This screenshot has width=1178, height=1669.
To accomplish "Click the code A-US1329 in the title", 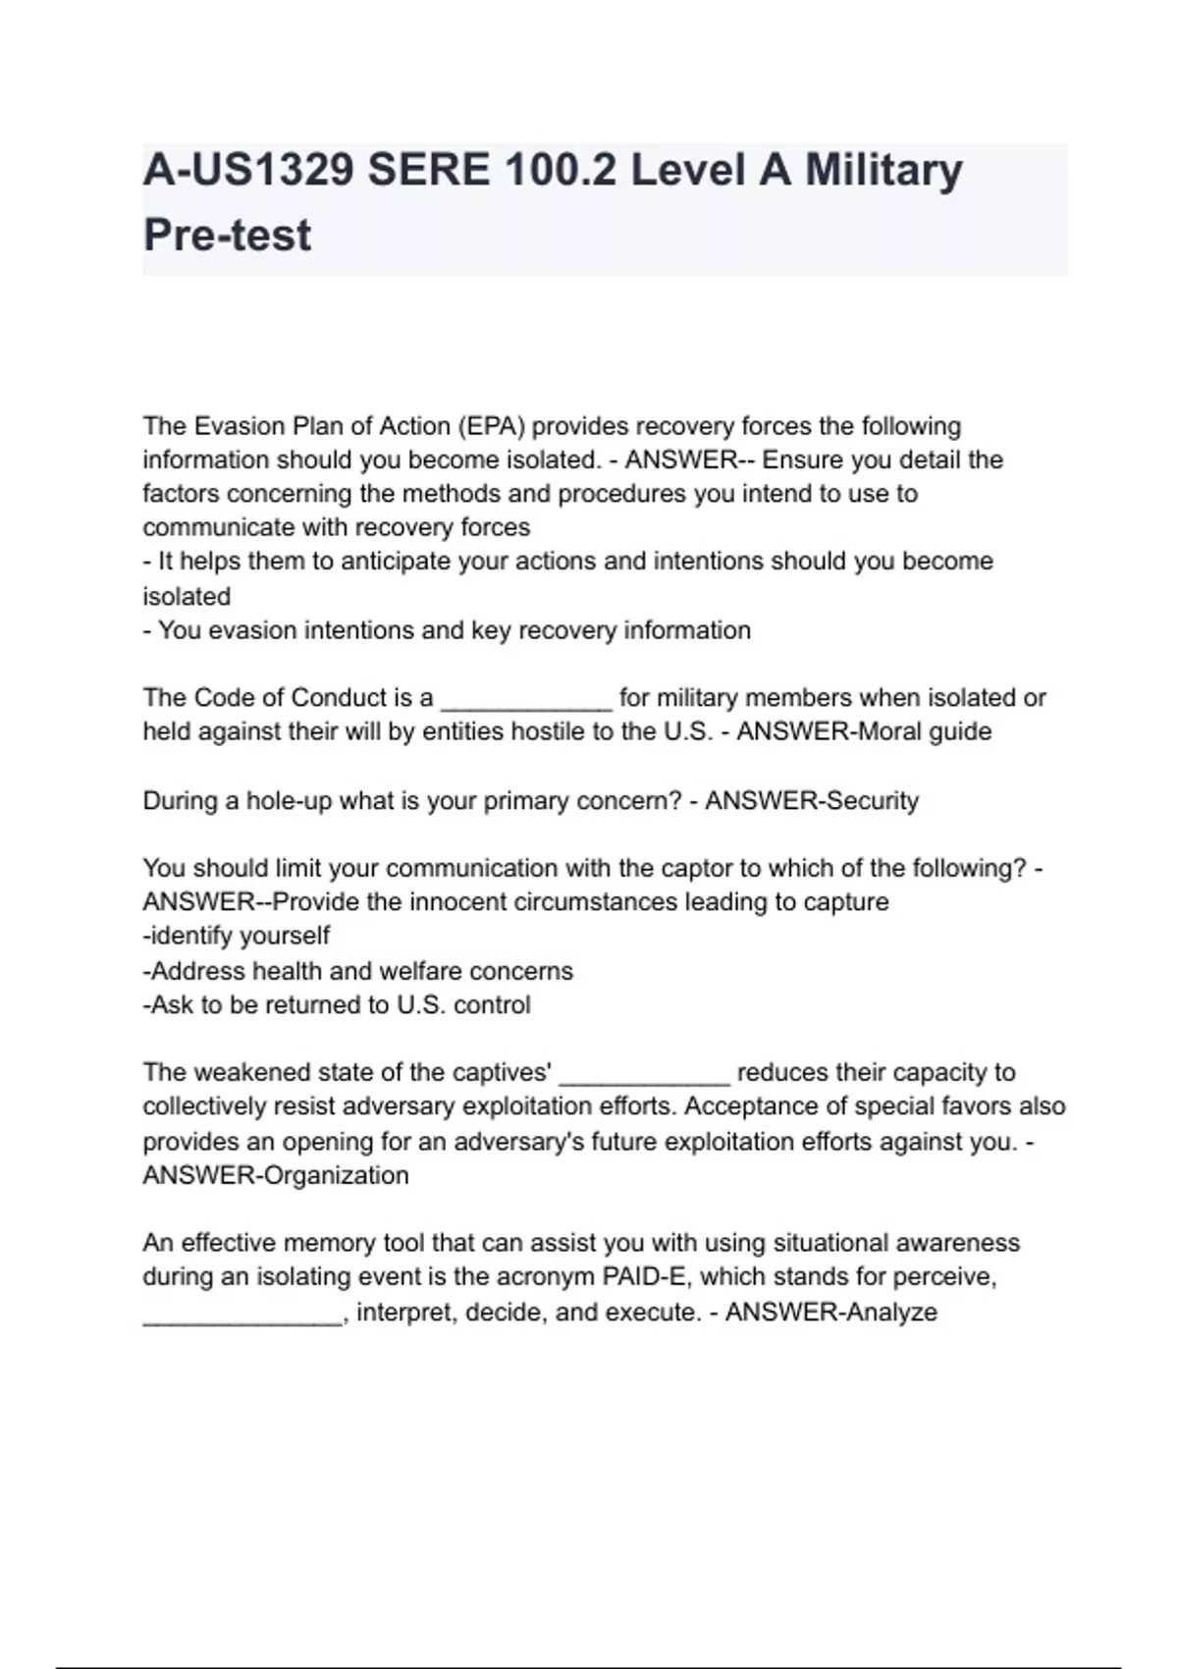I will pyautogui.click(x=248, y=170).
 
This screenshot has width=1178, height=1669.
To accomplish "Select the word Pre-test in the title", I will pyautogui.click(x=227, y=236).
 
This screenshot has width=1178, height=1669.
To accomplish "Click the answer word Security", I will pyautogui.click(x=872, y=801).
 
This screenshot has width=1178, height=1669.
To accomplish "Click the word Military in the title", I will pyautogui.click(x=883, y=170).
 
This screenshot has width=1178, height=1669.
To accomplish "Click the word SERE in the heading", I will pyautogui.click(x=427, y=170).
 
